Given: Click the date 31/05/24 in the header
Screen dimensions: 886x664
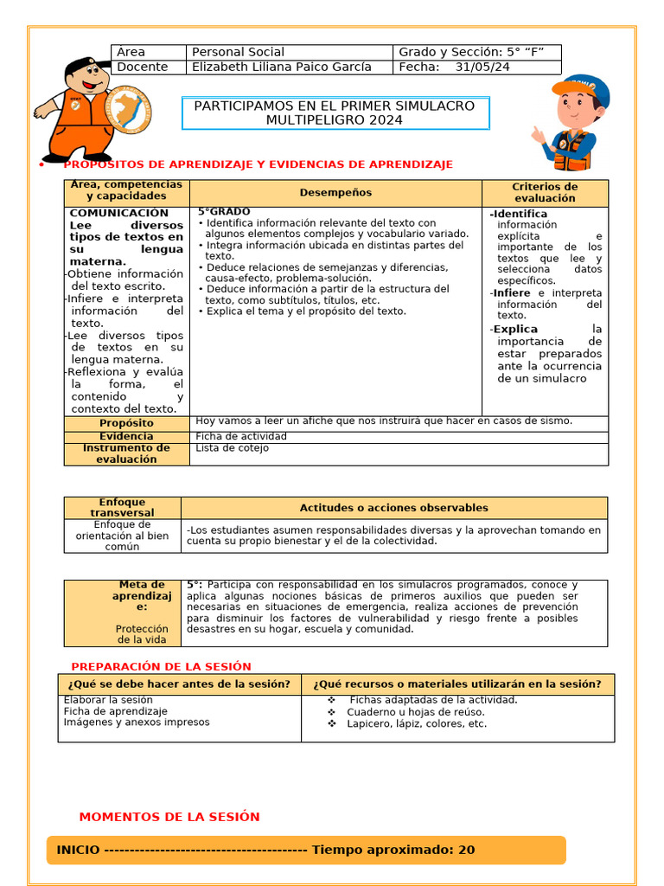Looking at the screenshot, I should click(x=482, y=67).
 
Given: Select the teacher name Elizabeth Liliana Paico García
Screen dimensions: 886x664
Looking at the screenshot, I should click(x=281, y=67).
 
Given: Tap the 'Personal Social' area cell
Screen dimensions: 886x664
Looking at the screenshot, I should click(x=238, y=53).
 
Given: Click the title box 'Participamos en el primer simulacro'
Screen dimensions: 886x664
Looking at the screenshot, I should click(x=335, y=113).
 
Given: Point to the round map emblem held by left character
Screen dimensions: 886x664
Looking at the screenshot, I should click(x=128, y=111).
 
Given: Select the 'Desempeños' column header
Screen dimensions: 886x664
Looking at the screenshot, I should click(x=335, y=193).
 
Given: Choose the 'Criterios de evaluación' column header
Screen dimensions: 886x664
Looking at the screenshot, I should click(x=545, y=193).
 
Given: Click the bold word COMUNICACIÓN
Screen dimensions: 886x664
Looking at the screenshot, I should click(x=118, y=213).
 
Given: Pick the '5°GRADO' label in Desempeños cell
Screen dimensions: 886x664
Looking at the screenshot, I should click(x=224, y=212).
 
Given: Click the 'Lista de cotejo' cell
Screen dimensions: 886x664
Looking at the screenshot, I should click(x=232, y=448).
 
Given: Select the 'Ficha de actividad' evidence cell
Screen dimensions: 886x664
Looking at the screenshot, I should click(x=241, y=436).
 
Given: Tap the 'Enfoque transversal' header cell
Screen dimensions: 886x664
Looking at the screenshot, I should click(x=122, y=508).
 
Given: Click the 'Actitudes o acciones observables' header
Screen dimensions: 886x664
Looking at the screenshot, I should click(x=393, y=508).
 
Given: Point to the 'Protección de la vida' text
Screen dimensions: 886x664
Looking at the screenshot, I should click(x=142, y=634).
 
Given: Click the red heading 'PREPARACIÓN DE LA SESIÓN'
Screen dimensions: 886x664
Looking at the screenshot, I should click(x=161, y=667).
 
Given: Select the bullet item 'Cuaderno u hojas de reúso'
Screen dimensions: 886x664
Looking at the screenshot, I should click(x=416, y=712).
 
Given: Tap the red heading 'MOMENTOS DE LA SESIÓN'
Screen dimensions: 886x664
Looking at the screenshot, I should click(x=169, y=817).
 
